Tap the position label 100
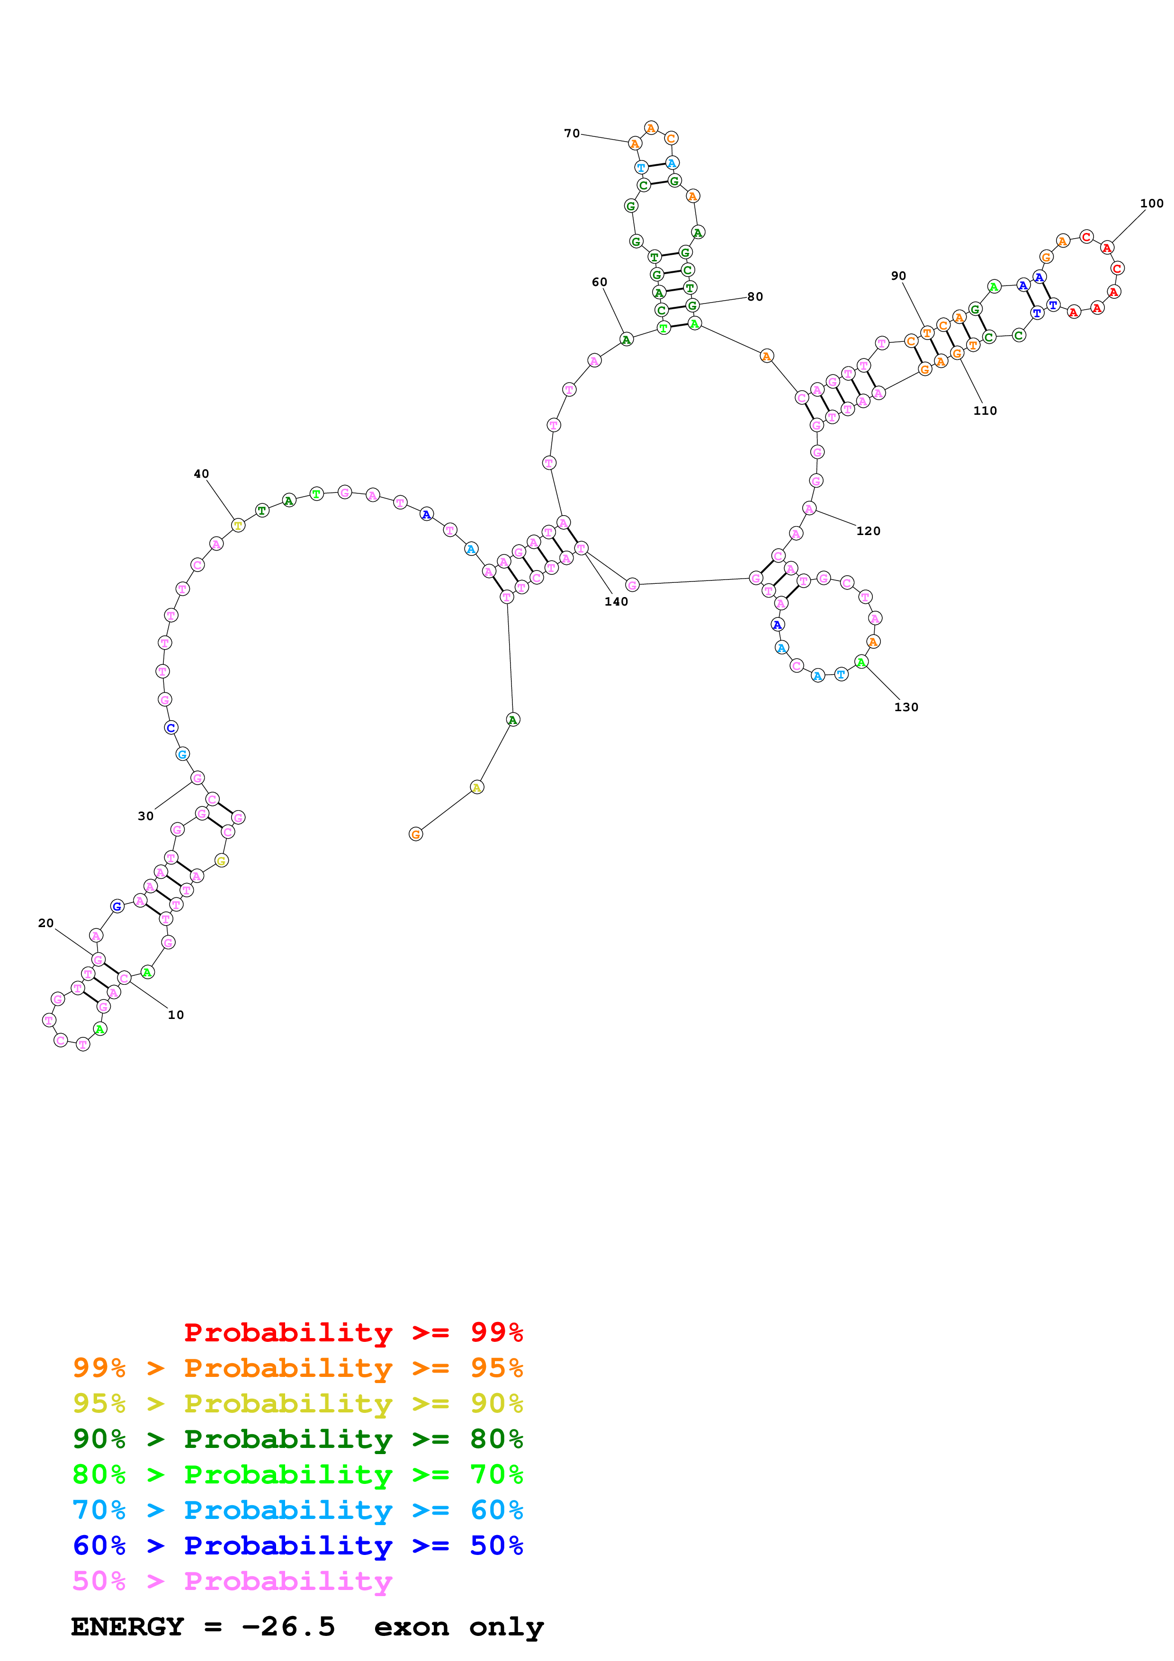click(x=1152, y=203)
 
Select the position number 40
click(x=201, y=474)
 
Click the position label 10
click(x=176, y=1015)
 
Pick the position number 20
click(x=45, y=923)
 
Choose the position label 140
click(x=616, y=601)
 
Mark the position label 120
click(x=868, y=531)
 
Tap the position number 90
click(x=898, y=276)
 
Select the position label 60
click(x=600, y=282)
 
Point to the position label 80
click(x=755, y=296)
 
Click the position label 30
click(x=145, y=816)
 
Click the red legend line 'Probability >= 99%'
click(x=353, y=1332)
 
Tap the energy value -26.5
click(x=288, y=1626)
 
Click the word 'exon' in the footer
click(x=411, y=1626)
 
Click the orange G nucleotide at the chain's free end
click(x=416, y=834)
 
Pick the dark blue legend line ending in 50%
click(x=297, y=1545)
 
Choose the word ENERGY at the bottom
click(x=127, y=1626)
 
